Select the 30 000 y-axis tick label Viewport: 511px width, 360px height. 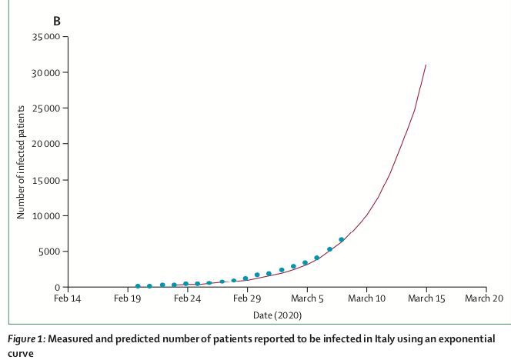[46, 72]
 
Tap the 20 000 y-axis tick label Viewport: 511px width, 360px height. [46, 144]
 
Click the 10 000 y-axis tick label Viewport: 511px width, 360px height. [46, 215]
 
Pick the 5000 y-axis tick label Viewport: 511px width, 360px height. [49, 252]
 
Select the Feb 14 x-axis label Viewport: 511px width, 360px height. [68, 298]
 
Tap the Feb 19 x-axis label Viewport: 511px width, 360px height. [127, 298]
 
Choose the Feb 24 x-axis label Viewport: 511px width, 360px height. [187, 298]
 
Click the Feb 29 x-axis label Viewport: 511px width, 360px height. [246, 298]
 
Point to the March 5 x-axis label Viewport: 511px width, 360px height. [306, 298]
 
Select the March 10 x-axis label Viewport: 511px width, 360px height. [366, 298]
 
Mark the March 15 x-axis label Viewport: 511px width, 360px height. [426, 298]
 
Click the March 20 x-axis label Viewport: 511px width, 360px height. [485, 298]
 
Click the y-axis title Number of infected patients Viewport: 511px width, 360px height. [21, 162]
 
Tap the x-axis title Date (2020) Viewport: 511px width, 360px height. [276, 315]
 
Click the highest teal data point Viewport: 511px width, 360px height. [342, 240]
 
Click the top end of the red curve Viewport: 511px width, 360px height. [426, 65]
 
